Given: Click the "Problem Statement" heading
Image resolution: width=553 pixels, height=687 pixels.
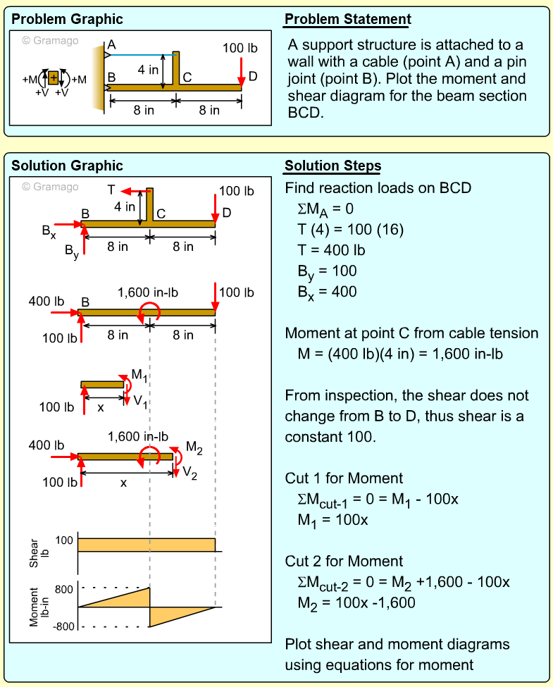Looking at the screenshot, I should click(348, 19).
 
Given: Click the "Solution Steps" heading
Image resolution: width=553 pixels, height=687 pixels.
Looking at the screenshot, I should click(333, 166).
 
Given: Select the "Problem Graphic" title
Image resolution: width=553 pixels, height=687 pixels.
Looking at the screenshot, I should click(67, 19).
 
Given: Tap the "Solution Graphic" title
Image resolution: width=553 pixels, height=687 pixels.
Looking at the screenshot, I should click(67, 166).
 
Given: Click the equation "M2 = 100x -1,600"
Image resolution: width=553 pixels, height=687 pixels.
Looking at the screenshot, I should click(356, 603).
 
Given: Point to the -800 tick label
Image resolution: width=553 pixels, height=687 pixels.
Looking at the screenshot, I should click(62, 626).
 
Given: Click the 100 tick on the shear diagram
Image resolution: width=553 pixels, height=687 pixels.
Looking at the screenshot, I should click(64, 540).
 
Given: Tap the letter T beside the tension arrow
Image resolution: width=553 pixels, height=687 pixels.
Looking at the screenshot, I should click(111, 189).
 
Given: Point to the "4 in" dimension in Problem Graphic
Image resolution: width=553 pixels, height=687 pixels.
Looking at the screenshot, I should click(147, 70).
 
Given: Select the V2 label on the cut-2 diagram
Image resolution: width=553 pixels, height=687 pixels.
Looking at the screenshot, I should click(189, 474).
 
